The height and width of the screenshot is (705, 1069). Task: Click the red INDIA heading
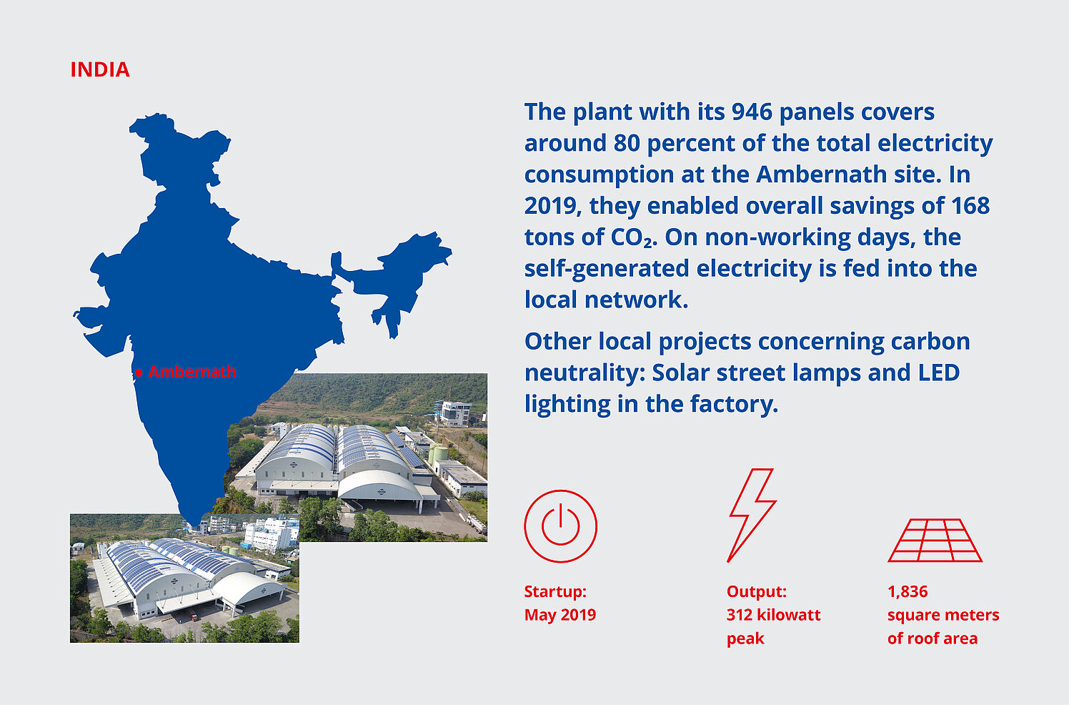[x=100, y=70]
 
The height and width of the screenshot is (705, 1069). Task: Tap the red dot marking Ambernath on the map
[x=139, y=373]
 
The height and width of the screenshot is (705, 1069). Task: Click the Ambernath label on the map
[x=192, y=372]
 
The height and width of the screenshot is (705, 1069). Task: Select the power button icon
[x=561, y=526]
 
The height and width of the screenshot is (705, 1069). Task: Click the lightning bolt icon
[x=752, y=515]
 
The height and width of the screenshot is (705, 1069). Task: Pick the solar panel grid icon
[x=935, y=541]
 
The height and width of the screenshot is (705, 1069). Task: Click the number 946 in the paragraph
[x=752, y=112]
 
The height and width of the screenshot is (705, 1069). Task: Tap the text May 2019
[x=560, y=615]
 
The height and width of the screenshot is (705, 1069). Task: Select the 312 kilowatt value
[x=774, y=615]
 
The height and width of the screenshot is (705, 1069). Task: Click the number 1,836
[x=908, y=592]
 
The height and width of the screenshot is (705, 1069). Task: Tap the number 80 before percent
[x=627, y=143]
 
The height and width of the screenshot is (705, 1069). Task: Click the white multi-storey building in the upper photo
[x=455, y=414]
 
